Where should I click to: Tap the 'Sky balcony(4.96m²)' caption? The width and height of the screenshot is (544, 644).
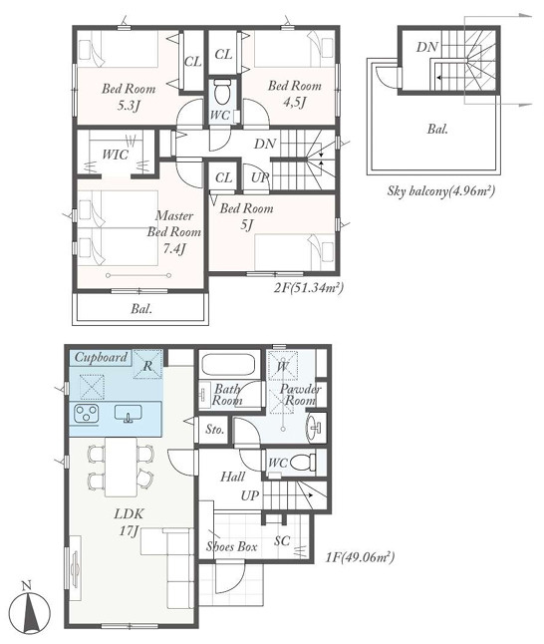tap(441, 191)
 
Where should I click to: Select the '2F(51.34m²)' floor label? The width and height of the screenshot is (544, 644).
tap(308, 288)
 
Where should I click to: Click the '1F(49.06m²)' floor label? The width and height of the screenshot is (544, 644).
tap(360, 557)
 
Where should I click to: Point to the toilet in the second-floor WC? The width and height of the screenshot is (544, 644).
tap(223, 92)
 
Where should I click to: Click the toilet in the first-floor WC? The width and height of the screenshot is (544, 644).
tap(303, 463)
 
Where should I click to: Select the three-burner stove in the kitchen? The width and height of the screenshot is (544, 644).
tap(87, 413)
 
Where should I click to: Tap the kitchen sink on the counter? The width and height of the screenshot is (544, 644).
tap(129, 413)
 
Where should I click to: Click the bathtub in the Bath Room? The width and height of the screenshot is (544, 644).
tap(228, 363)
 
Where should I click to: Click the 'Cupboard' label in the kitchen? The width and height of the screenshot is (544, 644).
tap(101, 357)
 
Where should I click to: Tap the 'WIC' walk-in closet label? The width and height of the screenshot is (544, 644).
tap(116, 155)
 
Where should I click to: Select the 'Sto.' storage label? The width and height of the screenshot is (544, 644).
tap(215, 430)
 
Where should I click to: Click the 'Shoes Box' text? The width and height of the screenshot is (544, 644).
tap(231, 546)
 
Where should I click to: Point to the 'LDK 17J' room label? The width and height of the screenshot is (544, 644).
tap(129, 522)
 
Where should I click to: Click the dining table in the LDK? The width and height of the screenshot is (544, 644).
tap(121, 467)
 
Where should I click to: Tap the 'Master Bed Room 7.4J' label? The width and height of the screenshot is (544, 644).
tap(174, 232)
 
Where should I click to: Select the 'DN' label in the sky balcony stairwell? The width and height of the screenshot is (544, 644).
tap(427, 47)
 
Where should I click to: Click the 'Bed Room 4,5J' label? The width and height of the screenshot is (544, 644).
tap(295, 94)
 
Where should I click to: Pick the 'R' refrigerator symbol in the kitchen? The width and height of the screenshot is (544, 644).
tap(148, 364)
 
